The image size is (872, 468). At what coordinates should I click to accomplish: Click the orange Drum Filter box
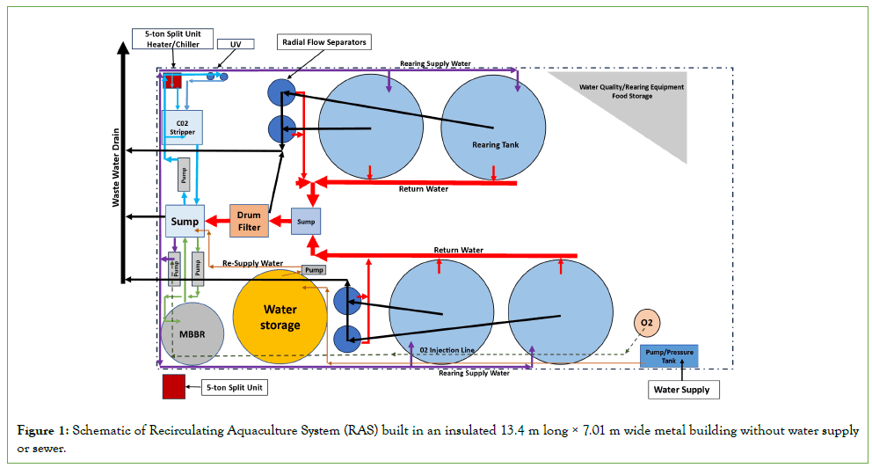coord(249,221)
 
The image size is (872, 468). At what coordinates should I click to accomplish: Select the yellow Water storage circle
coord(280,317)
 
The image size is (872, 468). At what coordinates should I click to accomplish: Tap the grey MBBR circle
coord(193,333)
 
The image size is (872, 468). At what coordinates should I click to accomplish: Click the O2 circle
coord(647,324)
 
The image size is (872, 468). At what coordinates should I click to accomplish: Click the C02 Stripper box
coord(183,128)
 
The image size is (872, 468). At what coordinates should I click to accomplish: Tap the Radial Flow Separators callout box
coord(324,41)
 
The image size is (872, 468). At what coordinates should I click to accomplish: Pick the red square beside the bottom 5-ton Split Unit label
coord(173,387)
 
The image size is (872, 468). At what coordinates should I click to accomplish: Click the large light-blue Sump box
coord(185,221)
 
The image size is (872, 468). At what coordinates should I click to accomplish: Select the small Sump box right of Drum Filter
coord(306,222)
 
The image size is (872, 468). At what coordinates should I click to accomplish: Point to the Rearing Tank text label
coord(498,145)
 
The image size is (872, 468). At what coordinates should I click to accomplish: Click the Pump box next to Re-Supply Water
coord(314,269)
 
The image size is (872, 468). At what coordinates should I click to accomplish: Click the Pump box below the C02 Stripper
coord(184,174)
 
